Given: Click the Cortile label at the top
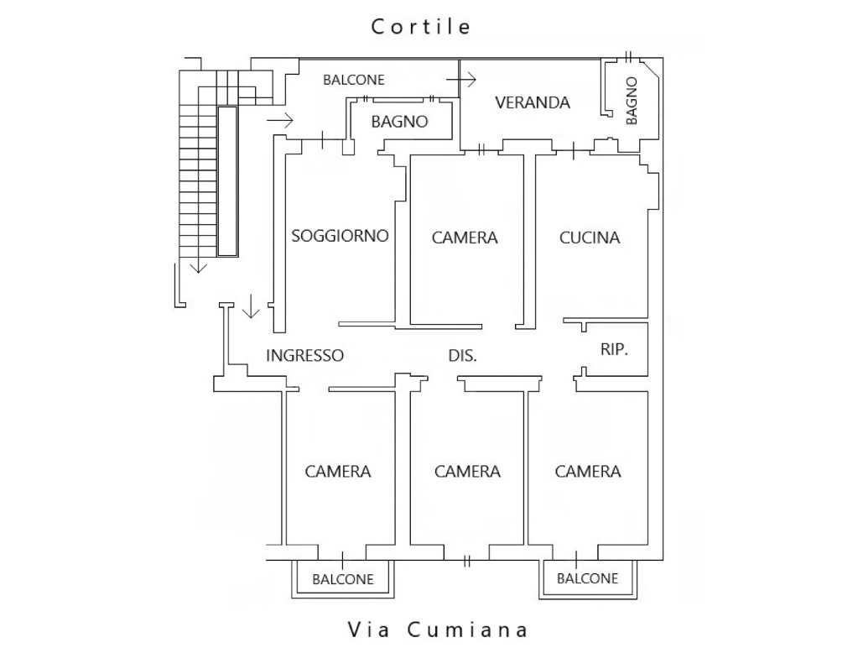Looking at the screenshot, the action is point(421,27).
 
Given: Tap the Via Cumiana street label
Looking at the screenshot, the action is point(438,630).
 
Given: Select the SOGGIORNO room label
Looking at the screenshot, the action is point(340,236).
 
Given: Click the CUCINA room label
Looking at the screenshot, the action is point(590,238).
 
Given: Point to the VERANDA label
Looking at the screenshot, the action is point(533,102).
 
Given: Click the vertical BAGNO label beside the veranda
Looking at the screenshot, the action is point(632,101).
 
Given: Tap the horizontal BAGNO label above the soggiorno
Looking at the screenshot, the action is point(399,122).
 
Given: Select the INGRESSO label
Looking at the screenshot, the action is point(304,356).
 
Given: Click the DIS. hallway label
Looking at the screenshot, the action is point(462,356).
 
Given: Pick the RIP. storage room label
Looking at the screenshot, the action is point(614,349).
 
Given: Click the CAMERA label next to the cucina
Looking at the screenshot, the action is point(465,238).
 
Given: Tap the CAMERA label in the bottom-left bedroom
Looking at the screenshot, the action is point(338,472).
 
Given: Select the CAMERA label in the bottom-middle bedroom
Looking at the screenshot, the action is point(467,472).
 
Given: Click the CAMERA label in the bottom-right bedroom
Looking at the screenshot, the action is point(588,472).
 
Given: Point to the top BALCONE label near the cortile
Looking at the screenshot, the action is point(353,80).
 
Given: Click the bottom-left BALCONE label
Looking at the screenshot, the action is point(343,579).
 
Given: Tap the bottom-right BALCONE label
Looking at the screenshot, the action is point(588,578).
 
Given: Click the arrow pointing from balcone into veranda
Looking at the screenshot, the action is point(461,80).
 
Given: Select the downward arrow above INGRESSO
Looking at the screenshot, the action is point(251,306).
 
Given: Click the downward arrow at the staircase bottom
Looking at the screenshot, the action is point(199,266).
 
